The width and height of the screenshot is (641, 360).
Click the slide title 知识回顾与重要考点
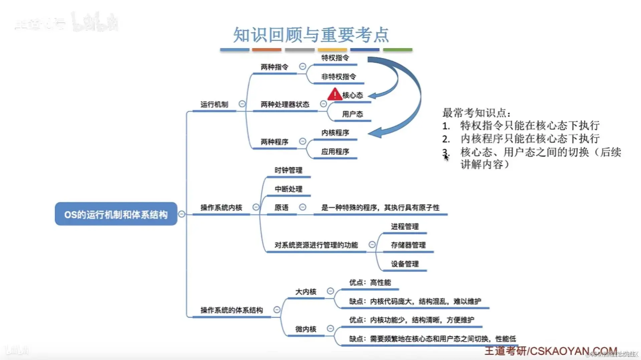tap(311, 35)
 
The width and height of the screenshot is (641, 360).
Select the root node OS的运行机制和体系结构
tap(116, 214)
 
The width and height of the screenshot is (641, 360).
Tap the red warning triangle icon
tap(335, 95)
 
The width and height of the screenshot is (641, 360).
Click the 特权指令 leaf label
tap(335, 58)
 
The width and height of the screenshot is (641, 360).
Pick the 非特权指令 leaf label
tap(338, 77)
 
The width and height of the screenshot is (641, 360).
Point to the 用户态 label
tap(352, 114)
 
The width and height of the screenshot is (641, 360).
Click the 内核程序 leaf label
tap(335, 133)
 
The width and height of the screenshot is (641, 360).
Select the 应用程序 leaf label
tap(335, 152)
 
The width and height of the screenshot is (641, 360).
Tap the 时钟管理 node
tap(288, 170)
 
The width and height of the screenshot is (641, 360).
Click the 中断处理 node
tap(288, 189)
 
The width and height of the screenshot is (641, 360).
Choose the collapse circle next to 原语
tap(302, 207)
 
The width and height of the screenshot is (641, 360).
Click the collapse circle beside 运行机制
tap(242, 104)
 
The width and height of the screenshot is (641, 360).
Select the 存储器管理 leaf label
tap(408, 245)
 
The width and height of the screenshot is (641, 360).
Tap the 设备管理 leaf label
tap(405, 264)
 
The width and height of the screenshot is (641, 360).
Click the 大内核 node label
tap(305, 292)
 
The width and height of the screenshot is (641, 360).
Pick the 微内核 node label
tap(305, 329)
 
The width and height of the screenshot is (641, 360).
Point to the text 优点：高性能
tap(370, 283)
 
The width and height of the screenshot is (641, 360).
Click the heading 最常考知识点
tap(476, 113)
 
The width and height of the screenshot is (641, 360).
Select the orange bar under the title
tap(267, 50)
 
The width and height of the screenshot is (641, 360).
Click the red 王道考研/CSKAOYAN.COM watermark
tap(551, 351)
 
